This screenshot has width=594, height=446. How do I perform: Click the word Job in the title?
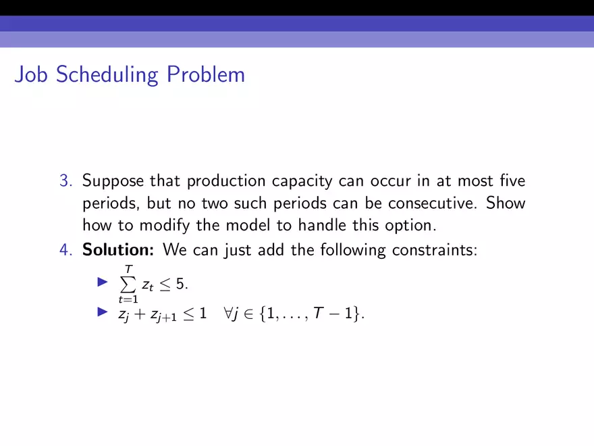click(x=31, y=74)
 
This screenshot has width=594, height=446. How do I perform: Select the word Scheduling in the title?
click(x=107, y=75)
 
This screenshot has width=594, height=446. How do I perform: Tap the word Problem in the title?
click(x=206, y=74)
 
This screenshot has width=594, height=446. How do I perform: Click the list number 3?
click(x=65, y=180)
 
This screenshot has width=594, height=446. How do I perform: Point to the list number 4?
click(x=65, y=250)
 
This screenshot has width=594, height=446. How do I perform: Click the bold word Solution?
click(x=118, y=249)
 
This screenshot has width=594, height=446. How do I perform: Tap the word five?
click(x=512, y=180)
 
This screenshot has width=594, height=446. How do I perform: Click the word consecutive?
click(x=433, y=203)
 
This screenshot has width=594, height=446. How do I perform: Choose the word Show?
click(x=506, y=203)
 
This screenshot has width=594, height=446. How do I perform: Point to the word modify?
click(x=165, y=226)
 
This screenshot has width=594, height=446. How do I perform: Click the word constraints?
click(x=435, y=250)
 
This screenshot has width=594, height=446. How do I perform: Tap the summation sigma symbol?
click(x=128, y=284)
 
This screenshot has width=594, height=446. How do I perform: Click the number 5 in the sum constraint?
click(x=180, y=284)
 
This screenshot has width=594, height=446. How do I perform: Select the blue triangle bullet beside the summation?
click(x=103, y=282)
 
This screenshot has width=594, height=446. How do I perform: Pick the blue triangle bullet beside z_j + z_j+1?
click(x=103, y=312)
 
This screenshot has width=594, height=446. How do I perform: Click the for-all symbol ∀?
click(x=228, y=314)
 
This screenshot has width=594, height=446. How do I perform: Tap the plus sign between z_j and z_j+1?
click(x=140, y=314)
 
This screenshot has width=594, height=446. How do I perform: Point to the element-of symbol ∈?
click(x=248, y=314)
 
